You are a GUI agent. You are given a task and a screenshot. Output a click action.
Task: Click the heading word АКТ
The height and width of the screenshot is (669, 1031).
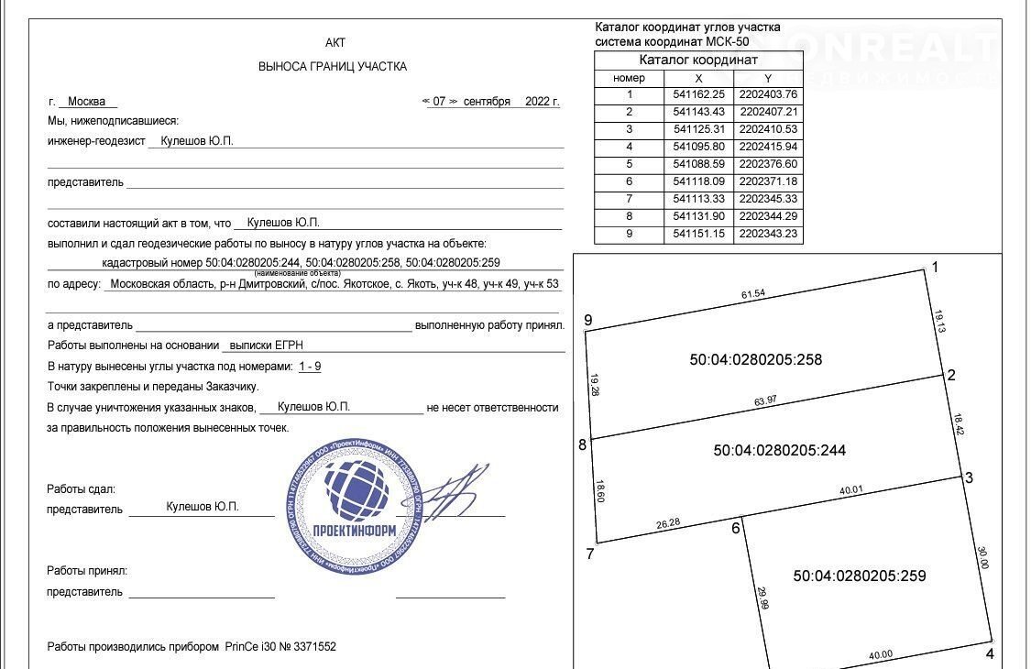coord(335,43)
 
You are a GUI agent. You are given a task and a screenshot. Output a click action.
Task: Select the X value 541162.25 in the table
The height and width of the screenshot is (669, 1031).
coord(698,93)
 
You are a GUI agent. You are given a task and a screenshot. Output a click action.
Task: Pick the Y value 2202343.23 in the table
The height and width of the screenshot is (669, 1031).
coord(768,234)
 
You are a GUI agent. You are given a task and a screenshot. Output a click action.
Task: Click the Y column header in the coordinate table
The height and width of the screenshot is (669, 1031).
coord(768,78)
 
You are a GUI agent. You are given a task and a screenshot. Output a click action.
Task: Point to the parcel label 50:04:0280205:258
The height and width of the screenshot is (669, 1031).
coord(755,360)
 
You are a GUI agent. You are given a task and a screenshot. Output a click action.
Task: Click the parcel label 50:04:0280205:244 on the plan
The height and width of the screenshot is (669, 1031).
coord(779,450)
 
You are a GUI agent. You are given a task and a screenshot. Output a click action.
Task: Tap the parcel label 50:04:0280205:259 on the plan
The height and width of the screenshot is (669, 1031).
coord(859,576)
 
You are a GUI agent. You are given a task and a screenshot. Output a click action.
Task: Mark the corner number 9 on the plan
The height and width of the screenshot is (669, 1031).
coord(588,320)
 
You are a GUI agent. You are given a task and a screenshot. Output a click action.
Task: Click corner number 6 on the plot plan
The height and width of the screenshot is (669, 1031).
coord(735,528)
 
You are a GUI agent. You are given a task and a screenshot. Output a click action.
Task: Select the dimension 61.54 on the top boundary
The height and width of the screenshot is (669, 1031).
coord(752,293)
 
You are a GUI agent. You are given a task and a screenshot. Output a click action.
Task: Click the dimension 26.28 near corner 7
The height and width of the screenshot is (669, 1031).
coord(669,524)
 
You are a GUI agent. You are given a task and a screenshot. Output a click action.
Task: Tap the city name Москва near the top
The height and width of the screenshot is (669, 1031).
coord(87,102)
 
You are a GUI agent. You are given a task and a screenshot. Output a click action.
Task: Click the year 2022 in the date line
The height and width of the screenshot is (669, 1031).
coord(537,102)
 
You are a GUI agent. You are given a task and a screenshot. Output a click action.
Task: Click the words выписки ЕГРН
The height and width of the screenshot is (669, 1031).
coord(266,345)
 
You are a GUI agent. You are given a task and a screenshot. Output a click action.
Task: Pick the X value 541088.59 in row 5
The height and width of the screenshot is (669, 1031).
coord(698,164)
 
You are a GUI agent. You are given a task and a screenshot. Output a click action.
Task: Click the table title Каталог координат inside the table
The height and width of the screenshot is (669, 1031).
coord(698,60)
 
